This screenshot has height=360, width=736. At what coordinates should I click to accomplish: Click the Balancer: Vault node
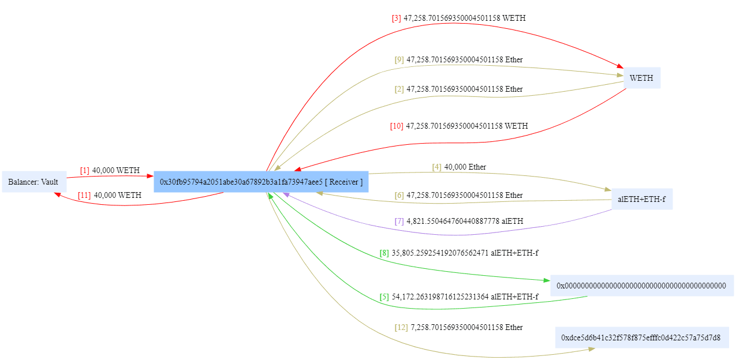(x=33, y=182)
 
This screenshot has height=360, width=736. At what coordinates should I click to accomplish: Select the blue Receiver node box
(x=261, y=182)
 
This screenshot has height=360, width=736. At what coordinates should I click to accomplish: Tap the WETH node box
(x=641, y=78)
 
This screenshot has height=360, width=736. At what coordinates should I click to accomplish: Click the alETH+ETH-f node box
(x=641, y=200)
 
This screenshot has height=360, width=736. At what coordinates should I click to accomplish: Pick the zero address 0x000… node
(x=641, y=286)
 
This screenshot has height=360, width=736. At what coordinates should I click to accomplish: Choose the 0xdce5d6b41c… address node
(x=641, y=337)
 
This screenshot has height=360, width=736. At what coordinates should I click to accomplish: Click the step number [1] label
(x=85, y=171)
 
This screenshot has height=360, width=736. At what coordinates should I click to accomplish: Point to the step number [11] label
(x=84, y=196)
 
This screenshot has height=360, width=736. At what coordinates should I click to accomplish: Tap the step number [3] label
(x=396, y=18)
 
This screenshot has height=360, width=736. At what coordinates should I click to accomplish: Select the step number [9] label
(x=399, y=60)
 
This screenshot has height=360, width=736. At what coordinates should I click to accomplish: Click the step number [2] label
(x=399, y=89)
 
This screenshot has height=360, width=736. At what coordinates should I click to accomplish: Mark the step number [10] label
(x=397, y=126)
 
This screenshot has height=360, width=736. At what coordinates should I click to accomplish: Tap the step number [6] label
(x=399, y=196)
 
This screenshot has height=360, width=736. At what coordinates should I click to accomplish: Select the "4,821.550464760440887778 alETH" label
(x=465, y=221)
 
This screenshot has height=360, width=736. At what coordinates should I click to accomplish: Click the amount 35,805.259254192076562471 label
(x=440, y=253)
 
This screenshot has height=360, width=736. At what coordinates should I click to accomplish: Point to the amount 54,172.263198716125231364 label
(x=440, y=297)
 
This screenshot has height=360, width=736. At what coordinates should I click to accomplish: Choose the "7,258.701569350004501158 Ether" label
(x=466, y=328)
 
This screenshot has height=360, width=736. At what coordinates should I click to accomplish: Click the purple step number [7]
(x=399, y=221)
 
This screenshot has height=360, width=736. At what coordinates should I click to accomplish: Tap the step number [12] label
(x=401, y=328)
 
